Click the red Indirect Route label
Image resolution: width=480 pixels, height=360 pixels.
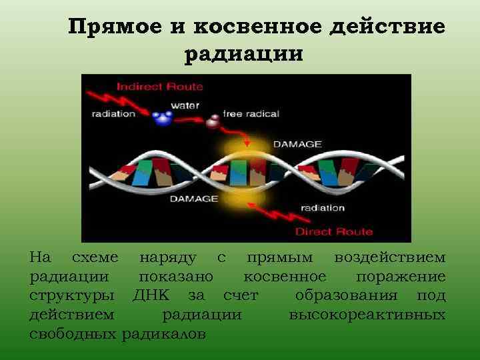coord(159,87)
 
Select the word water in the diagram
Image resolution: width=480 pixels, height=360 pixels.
coord(185,105)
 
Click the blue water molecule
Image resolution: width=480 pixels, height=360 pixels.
coord(161,119)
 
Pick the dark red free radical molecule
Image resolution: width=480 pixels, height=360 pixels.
coord(213,122)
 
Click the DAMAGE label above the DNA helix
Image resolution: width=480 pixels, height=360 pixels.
coord(297,144)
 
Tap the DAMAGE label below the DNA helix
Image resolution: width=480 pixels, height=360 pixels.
coord(194,198)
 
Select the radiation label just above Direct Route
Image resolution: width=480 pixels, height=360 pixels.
coord(322,207)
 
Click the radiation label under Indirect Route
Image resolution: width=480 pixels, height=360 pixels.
coord(113,113)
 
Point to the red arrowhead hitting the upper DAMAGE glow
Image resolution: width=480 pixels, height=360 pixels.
coord(247,142)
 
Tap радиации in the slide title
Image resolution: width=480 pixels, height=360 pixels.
coord(243,53)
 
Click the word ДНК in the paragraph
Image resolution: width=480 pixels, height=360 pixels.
coord(155,295)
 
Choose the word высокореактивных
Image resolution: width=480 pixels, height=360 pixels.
coord(367,313)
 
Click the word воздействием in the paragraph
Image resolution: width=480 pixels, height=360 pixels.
coord(390,257)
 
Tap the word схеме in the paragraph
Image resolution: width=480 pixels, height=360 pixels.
coord(95,257)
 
